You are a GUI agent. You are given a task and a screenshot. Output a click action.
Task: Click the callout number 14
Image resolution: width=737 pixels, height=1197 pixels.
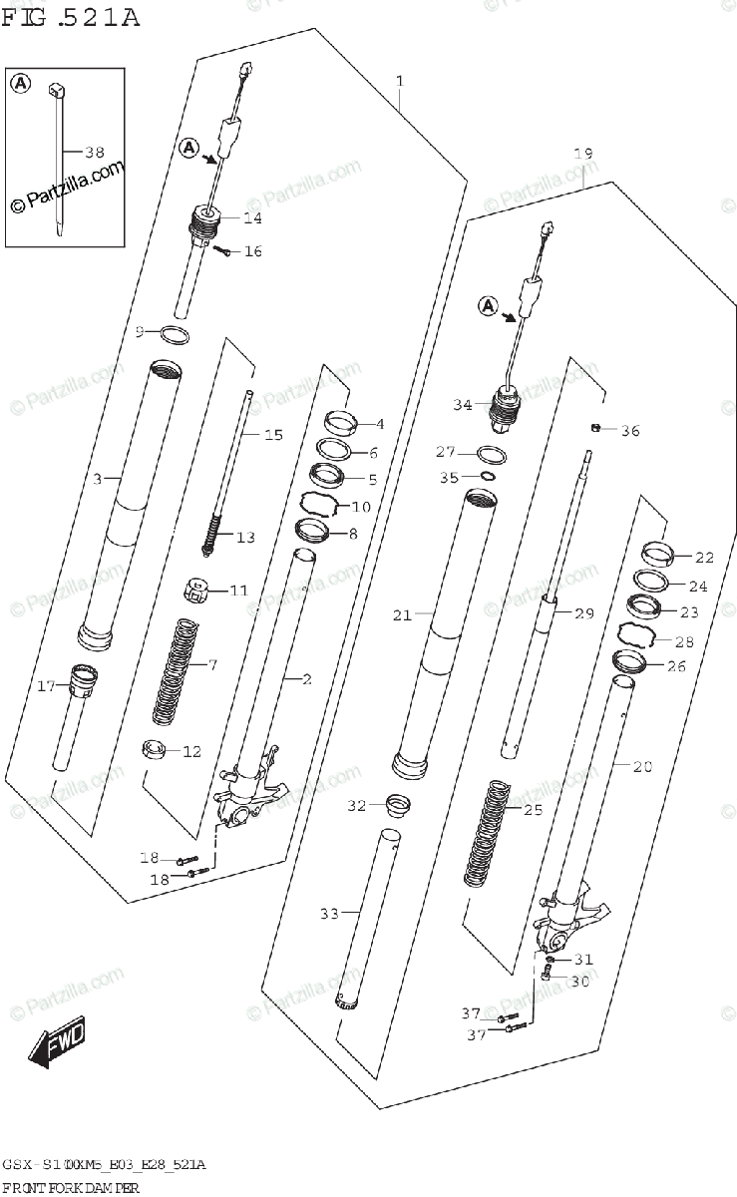coord(252,217)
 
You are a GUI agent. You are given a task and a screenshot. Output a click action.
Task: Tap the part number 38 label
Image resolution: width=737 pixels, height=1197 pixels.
coord(94,153)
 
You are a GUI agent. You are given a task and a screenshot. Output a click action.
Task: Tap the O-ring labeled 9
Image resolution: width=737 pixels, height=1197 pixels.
coord(174,335)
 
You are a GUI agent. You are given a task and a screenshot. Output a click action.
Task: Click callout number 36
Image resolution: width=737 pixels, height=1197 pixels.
coord(629,431)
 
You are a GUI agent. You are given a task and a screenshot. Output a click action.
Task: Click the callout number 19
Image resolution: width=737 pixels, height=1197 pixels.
coord(582,154)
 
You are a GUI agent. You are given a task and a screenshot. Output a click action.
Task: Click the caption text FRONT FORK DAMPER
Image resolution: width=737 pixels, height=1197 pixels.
coord(70,1187)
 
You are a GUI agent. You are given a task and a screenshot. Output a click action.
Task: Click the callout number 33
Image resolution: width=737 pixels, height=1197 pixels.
coord(329,913)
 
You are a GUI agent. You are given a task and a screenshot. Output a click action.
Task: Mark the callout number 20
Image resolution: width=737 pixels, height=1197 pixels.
coord(642,766)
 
